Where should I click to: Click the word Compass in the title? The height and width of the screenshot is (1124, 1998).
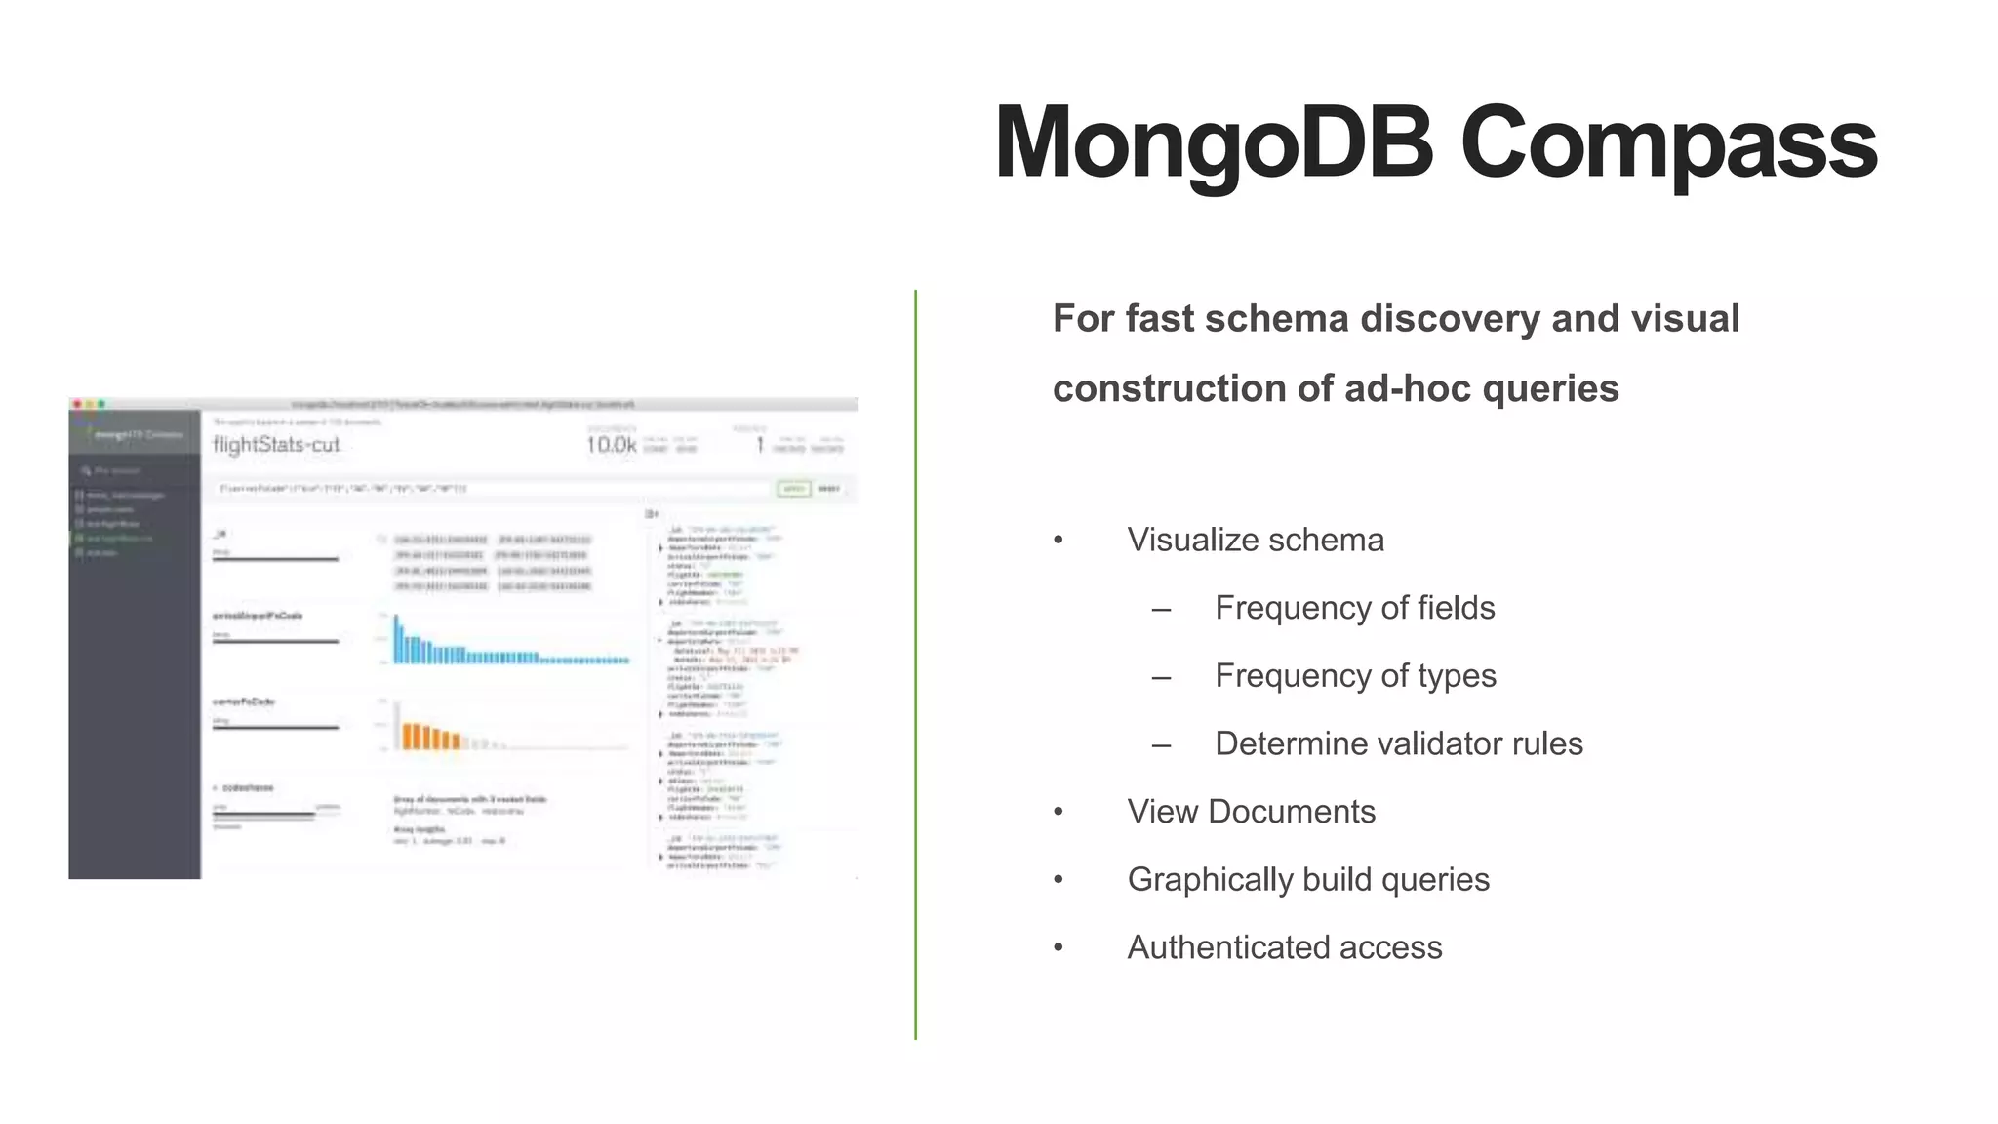pyautogui.click(x=1668, y=143)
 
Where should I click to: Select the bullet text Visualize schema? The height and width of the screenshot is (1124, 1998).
pyautogui.click(x=1255, y=540)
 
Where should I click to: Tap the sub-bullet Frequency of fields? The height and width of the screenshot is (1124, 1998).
pyautogui.click(x=1354, y=608)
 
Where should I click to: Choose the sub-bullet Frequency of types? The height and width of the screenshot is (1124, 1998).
pyautogui.click(x=1355, y=675)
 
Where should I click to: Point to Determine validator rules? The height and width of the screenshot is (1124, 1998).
pyautogui.click(x=1398, y=743)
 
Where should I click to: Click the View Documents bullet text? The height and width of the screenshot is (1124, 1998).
pyautogui.click(x=1251, y=812)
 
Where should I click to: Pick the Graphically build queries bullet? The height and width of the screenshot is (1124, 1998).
pyautogui.click(x=1307, y=879)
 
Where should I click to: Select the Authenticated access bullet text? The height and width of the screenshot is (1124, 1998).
pyautogui.click(x=1284, y=947)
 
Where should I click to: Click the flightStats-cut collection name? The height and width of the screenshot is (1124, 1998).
pyautogui.click(x=276, y=445)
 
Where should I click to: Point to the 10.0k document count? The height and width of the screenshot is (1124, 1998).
pyautogui.click(x=611, y=445)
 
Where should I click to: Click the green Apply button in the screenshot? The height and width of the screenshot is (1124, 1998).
pyautogui.click(x=793, y=489)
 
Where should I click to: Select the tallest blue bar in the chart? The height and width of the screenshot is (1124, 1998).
pyautogui.click(x=396, y=639)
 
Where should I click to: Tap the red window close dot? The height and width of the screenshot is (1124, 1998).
pyautogui.click(x=77, y=404)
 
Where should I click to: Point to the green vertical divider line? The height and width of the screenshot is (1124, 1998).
pyautogui.click(x=915, y=663)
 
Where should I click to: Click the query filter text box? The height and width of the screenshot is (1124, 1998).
pyautogui.click(x=488, y=489)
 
